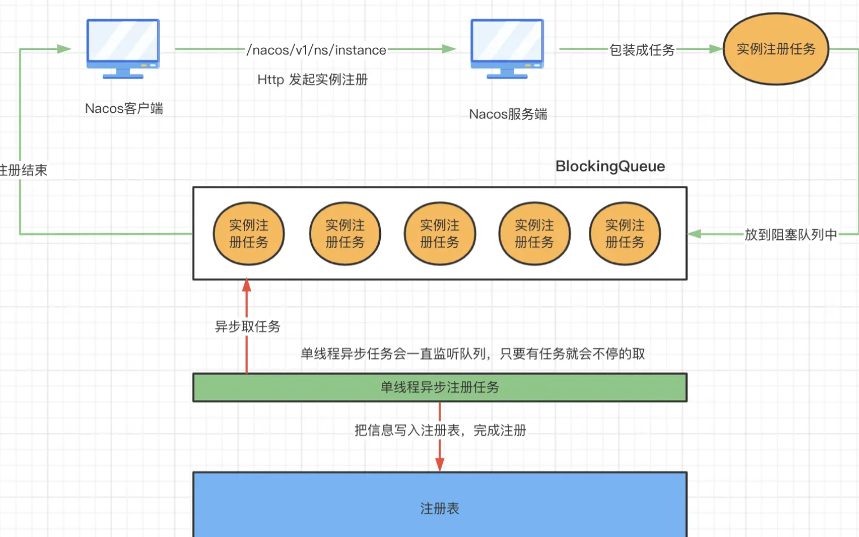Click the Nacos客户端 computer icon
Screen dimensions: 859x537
pyautogui.click(x=123, y=49)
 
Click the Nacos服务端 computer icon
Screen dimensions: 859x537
pyautogui.click(x=507, y=49)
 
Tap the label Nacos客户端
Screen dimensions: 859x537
pyautogui.click(x=124, y=108)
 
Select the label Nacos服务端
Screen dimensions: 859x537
pyautogui.click(x=508, y=114)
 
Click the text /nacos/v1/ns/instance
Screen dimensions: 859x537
pyautogui.click(x=316, y=50)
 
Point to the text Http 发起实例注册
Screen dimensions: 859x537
pyautogui.click(x=312, y=80)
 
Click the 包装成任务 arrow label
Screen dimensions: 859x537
pyautogui.click(x=642, y=50)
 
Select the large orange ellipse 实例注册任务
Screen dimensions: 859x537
pyautogui.click(x=776, y=49)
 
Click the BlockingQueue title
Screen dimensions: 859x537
pyautogui.click(x=610, y=166)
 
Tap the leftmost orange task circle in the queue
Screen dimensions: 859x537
pyautogui.click(x=249, y=234)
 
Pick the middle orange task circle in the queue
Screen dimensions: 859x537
pyautogui.click(x=440, y=234)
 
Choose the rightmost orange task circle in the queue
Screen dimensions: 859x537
pyautogui.click(x=625, y=234)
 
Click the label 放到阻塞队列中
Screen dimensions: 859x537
pyautogui.click(x=790, y=235)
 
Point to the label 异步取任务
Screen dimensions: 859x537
pyautogui.click(x=248, y=326)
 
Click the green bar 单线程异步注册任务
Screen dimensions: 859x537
pyautogui.click(x=440, y=387)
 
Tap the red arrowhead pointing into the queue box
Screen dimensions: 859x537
pyautogui.click(x=247, y=285)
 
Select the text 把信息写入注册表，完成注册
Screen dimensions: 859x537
pyautogui.click(x=440, y=430)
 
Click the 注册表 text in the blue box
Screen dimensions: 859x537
pyautogui.click(x=440, y=509)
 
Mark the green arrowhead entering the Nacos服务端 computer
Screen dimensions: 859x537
pyautogui.click(x=449, y=49)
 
